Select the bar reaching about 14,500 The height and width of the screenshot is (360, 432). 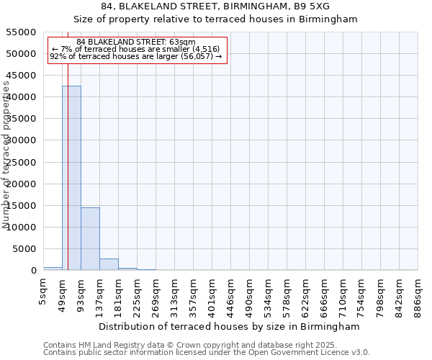[90, 238]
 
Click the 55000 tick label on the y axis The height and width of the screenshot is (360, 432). [22, 32]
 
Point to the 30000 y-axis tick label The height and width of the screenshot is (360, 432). [22, 140]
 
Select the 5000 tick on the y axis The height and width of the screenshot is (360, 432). [24, 249]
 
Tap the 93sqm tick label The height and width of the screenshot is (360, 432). [81, 291]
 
